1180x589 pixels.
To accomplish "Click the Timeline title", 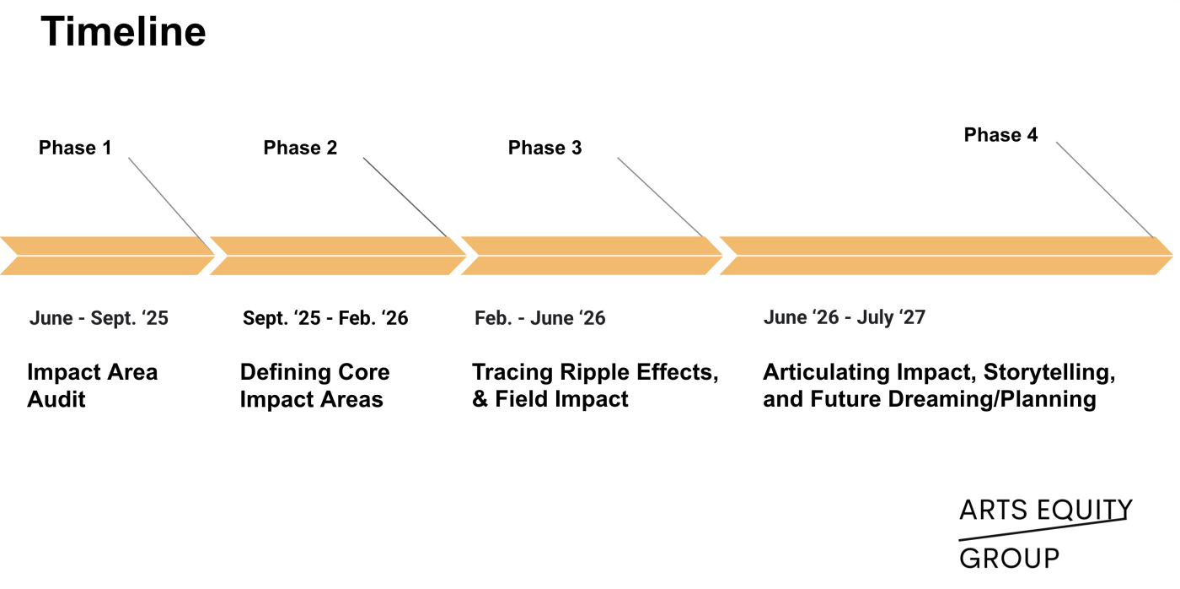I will click(x=123, y=33).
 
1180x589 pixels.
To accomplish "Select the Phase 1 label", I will click(x=75, y=149).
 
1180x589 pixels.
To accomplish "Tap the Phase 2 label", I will click(x=300, y=149).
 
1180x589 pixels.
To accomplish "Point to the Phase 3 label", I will click(x=544, y=149).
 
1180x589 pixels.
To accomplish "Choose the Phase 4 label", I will click(x=1000, y=136).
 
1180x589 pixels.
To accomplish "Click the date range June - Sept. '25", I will click(x=99, y=319).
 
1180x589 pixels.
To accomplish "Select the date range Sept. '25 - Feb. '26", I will click(x=325, y=319).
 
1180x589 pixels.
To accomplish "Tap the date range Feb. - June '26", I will click(x=539, y=319).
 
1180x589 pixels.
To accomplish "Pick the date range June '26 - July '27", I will click(x=844, y=318).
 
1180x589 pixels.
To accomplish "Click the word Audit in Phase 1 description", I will click(x=56, y=399).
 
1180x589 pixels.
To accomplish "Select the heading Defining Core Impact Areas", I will click(x=314, y=386).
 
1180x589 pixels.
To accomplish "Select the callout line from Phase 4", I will click(x=1104, y=190).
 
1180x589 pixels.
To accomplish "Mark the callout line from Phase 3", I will click(x=660, y=197).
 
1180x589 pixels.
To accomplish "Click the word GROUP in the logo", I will click(x=1009, y=559).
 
